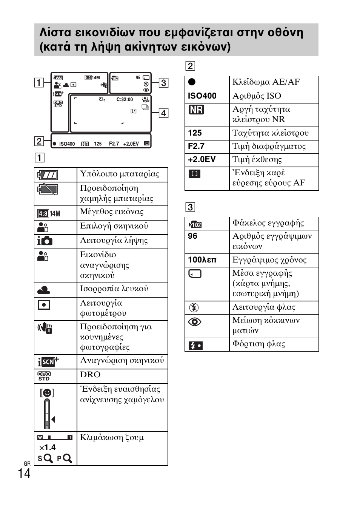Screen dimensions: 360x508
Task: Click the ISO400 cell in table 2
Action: (202, 96)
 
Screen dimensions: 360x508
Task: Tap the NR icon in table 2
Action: (196, 110)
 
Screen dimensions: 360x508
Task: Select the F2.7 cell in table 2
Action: (196, 146)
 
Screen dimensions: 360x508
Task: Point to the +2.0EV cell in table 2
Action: (202, 159)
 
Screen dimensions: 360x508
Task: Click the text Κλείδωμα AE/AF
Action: (266, 82)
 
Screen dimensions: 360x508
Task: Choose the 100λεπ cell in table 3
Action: (202, 260)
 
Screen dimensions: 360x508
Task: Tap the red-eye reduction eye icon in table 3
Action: (195, 322)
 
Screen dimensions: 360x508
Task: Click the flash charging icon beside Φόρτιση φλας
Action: (195, 345)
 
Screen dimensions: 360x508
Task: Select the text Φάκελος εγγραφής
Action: (268, 223)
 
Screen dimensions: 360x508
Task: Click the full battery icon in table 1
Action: (48, 175)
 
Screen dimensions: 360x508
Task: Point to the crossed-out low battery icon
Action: (48, 189)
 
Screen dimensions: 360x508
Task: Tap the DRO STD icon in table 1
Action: (44, 376)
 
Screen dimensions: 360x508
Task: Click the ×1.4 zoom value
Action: (48, 448)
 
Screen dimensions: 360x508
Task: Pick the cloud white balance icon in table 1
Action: (44, 290)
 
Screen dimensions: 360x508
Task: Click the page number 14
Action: (24, 474)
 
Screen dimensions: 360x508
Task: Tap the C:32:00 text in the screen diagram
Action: (125, 100)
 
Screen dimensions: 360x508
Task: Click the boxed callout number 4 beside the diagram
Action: (163, 113)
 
